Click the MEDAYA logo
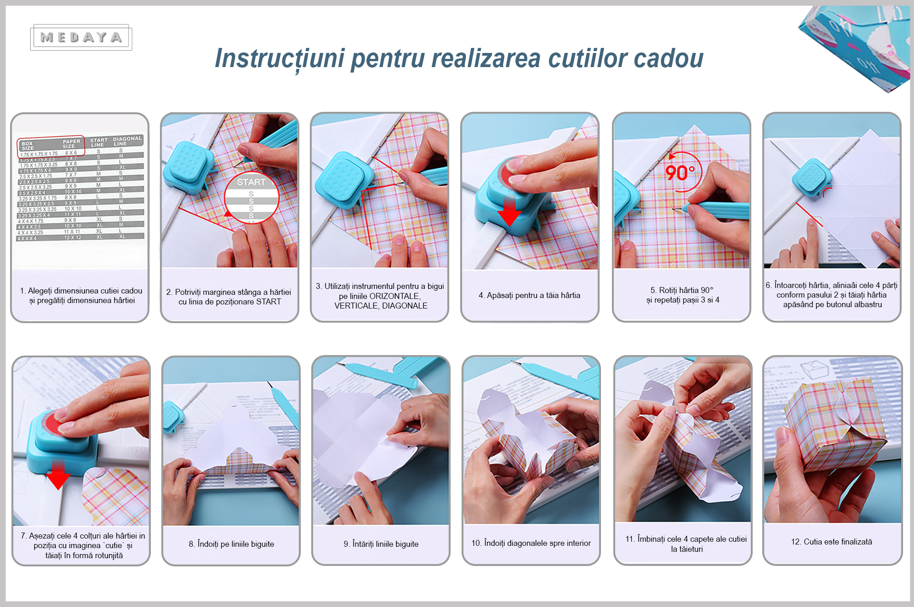pyautogui.click(x=81, y=37)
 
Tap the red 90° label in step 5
pyautogui.click(x=680, y=173)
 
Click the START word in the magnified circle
pyautogui.click(x=251, y=182)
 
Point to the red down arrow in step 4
pyautogui.click(x=509, y=212)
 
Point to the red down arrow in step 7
pyautogui.click(x=58, y=475)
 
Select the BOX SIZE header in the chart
pyautogui.click(x=28, y=146)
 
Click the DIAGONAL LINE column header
pyautogui.click(x=127, y=141)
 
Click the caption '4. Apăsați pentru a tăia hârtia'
pyautogui.click(x=529, y=295)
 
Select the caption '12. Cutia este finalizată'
pyautogui.click(x=831, y=542)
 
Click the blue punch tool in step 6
pyautogui.click(x=812, y=178)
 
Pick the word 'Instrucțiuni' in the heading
pyautogui.click(x=279, y=58)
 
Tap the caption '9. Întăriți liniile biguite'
pyautogui.click(x=381, y=544)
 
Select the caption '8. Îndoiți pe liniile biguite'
pyautogui.click(x=231, y=544)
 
